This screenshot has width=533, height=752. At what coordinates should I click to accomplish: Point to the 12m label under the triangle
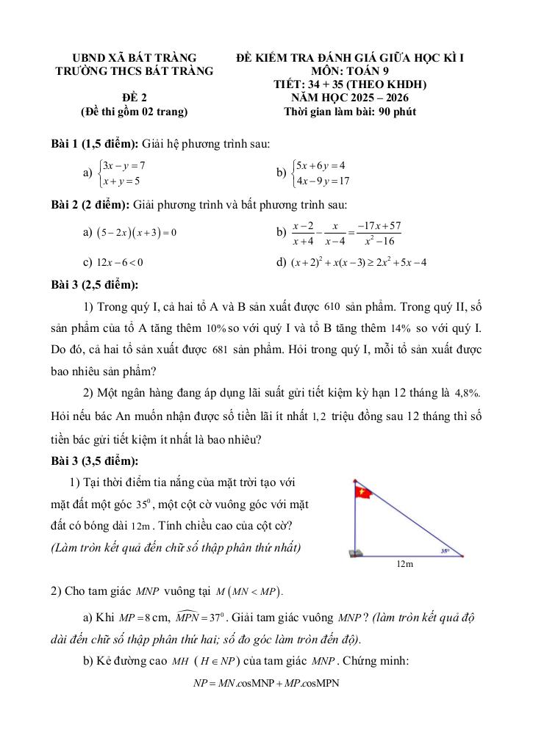pyautogui.click(x=404, y=564)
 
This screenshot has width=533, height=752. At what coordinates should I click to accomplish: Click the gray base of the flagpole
pyautogui.click(x=355, y=553)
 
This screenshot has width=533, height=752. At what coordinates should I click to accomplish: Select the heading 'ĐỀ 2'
pyautogui.click(x=134, y=97)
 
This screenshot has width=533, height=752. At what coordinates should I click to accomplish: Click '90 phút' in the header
pyautogui.click(x=396, y=112)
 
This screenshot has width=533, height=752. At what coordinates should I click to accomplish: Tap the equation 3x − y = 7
pyautogui.click(x=124, y=165)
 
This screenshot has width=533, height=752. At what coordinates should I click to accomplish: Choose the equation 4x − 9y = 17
pyautogui.click(x=322, y=181)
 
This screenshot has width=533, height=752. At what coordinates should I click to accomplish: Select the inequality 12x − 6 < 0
pyautogui.click(x=118, y=261)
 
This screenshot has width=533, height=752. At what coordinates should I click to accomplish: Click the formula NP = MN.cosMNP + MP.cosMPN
pyautogui.click(x=265, y=683)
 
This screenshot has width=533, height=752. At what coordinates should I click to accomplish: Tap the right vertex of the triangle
pyautogui.click(x=461, y=556)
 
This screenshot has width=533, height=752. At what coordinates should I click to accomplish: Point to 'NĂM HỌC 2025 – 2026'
pyautogui.click(x=350, y=98)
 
